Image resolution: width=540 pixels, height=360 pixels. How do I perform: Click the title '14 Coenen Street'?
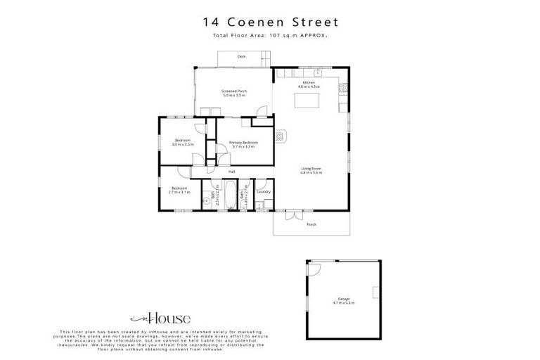click(x=270, y=23)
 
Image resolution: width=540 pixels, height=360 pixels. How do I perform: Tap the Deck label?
click(x=241, y=56)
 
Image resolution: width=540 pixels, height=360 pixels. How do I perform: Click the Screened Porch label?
click(x=234, y=92)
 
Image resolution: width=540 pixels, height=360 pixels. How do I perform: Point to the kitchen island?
click(x=307, y=103)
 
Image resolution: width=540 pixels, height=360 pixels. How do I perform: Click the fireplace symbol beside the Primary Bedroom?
click(x=281, y=136)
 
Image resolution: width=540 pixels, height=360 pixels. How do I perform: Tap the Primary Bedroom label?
click(x=244, y=144)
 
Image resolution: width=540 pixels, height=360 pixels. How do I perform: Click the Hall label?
click(x=231, y=172)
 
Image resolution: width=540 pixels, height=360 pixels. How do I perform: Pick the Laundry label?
click(x=264, y=191)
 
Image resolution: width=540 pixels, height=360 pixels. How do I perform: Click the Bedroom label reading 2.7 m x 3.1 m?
click(x=180, y=189)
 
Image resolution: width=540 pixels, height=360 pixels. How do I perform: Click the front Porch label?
click(x=311, y=224)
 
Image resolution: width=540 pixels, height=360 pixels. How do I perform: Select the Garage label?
click(x=344, y=300)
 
